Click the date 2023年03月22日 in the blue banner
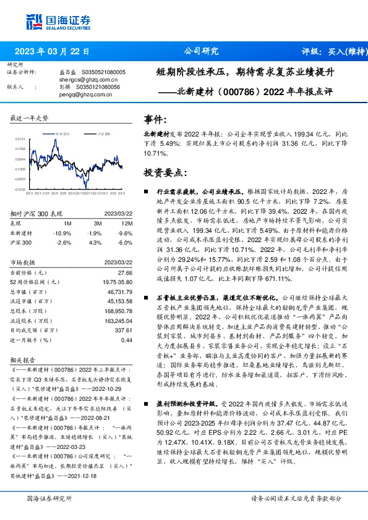[x=51, y=51]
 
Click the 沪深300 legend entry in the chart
[x=104, y=133]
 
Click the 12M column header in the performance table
[x=127, y=222]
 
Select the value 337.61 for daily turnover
[x=124, y=330]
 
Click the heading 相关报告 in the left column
[x=24, y=358]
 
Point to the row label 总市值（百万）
[x=28, y=291]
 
